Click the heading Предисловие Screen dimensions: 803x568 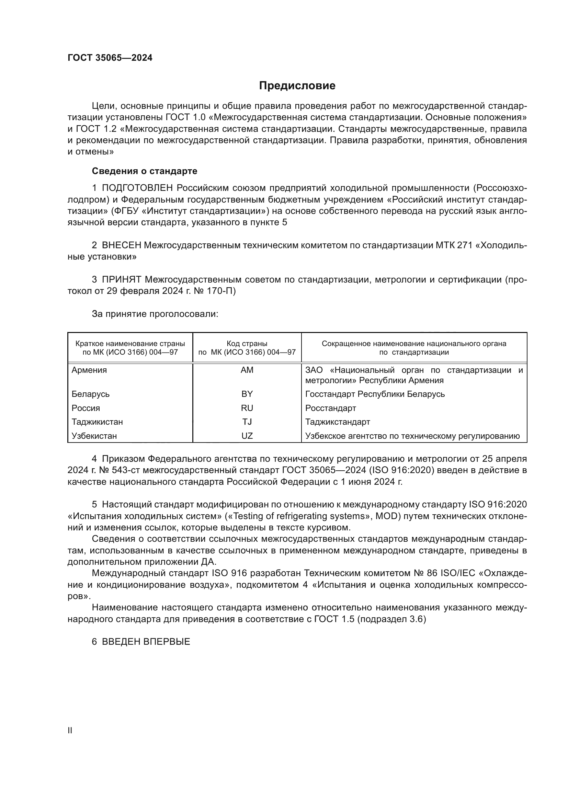pos(297,86)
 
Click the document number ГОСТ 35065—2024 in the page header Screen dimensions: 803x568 pos(110,58)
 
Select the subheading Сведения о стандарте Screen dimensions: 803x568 pos(145,171)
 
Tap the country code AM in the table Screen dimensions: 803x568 pos(247,370)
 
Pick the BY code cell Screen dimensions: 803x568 pos(247,394)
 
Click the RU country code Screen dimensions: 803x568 pos(247,408)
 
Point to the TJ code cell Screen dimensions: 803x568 pos(247,422)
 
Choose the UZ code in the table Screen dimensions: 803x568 pos(247,436)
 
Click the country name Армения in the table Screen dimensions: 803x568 pos(89,370)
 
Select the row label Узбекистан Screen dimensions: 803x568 pos(94,436)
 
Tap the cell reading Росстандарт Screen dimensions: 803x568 pos(330,408)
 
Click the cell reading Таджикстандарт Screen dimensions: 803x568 pos(338,422)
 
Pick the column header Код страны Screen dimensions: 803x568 pos(247,344)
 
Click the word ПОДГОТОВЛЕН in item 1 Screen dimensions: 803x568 pos(137,188)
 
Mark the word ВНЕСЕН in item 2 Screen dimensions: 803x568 pos(121,245)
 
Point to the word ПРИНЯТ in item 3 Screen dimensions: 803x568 pos(121,280)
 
